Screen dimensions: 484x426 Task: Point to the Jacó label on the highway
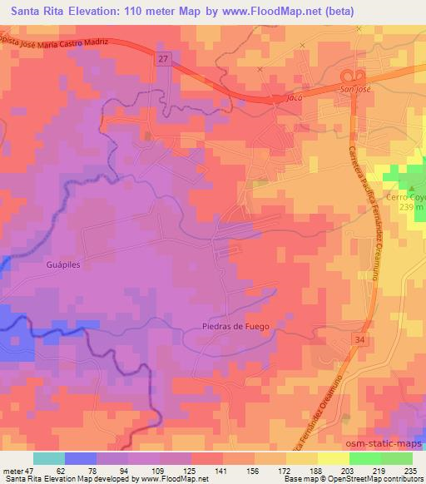click(x=289, y=98)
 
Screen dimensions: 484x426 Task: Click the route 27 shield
click(x=161, y=58)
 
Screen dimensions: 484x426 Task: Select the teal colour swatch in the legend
click(x=50, y=458)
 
